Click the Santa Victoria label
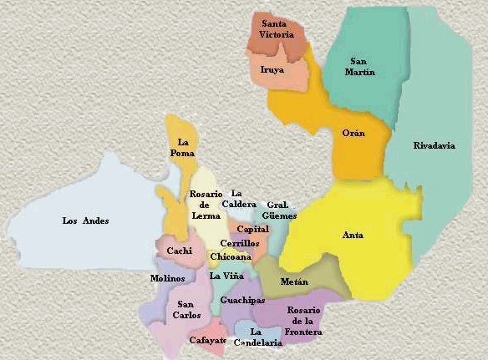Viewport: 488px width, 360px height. click(279, 29)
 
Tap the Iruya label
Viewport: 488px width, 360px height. click(272, 69)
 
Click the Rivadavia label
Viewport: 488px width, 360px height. click(435, 145)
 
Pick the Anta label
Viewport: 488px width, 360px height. click(353, 235)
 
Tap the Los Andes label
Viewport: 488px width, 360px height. click(86, 221)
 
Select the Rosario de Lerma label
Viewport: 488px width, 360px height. click(205, 206)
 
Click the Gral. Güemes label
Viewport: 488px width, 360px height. click(281, 210)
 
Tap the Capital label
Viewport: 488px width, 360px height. click(252, 229)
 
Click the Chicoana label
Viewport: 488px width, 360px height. click(228, 256)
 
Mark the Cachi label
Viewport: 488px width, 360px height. click(179, 251)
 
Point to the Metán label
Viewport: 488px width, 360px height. click(294, 282)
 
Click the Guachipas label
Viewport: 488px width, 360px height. click(242, 299)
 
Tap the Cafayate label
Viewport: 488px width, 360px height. click(208, 340)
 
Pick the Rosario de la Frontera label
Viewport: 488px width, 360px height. click(303, 321)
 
